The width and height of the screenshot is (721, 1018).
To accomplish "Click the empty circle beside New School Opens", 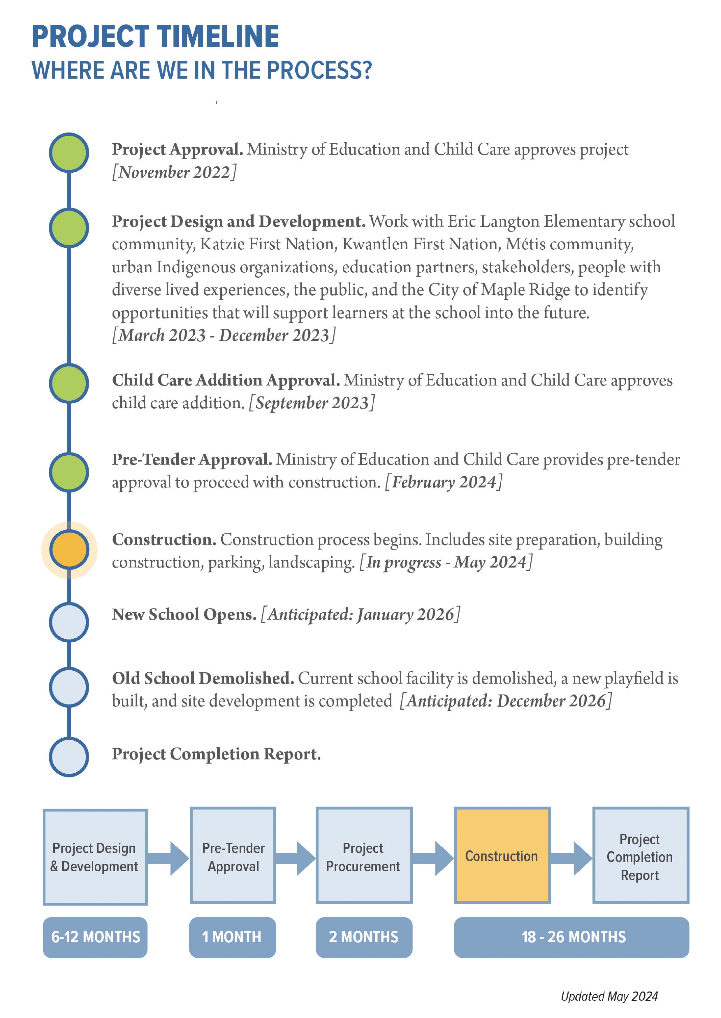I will (x=69, y=622).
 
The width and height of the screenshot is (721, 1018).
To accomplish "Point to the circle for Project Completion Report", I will (x=69, y=757).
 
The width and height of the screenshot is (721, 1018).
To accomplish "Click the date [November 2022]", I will (x=174, y=172).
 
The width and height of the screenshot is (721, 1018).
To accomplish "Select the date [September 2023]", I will (x=312, y=403).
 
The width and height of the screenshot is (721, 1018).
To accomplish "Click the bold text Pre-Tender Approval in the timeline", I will (x=192, y=459).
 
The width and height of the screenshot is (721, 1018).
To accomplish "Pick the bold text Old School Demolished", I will (x=203, y=678).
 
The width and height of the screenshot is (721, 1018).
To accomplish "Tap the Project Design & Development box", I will (x=95, y=857).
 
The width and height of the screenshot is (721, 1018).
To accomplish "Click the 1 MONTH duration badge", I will (x=232, y=937).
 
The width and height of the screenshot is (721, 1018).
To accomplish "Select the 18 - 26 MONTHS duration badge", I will (x=571, y=937).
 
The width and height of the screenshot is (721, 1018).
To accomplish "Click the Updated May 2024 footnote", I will (x=609, y=996).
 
